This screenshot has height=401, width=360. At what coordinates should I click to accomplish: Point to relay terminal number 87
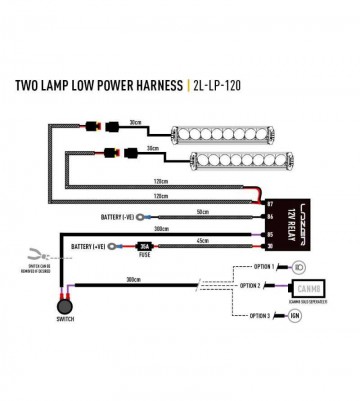coord(268,204)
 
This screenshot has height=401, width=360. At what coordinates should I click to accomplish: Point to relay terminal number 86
coord(268,216)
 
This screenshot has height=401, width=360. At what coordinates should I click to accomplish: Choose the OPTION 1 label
coord(262,266)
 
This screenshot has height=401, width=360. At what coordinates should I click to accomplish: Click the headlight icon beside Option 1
coord(297,266)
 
